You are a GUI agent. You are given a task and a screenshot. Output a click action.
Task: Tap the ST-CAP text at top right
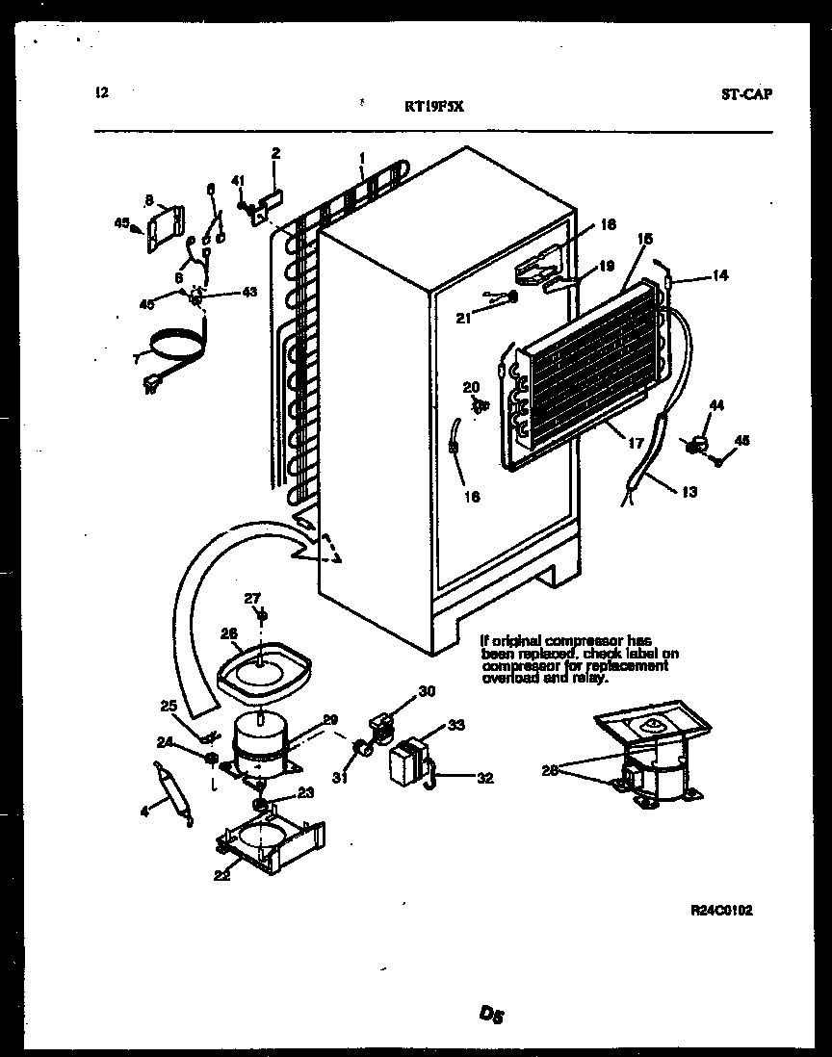click(746, 94)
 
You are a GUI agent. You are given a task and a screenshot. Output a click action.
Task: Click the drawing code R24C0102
click(721, 910)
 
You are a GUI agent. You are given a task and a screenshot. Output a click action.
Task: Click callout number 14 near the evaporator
click(719, 275)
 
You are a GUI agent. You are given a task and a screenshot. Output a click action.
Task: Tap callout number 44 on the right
click(715, 407)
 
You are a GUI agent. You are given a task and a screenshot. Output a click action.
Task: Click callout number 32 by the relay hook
click(484, 778)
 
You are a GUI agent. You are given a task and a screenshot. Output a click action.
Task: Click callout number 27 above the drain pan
click(251, 598)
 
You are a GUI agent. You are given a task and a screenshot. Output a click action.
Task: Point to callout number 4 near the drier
click(145, 812)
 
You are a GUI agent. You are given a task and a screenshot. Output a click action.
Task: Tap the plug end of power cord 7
click(151, 387)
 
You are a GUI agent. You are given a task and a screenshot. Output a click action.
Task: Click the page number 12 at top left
click(103, 93)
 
